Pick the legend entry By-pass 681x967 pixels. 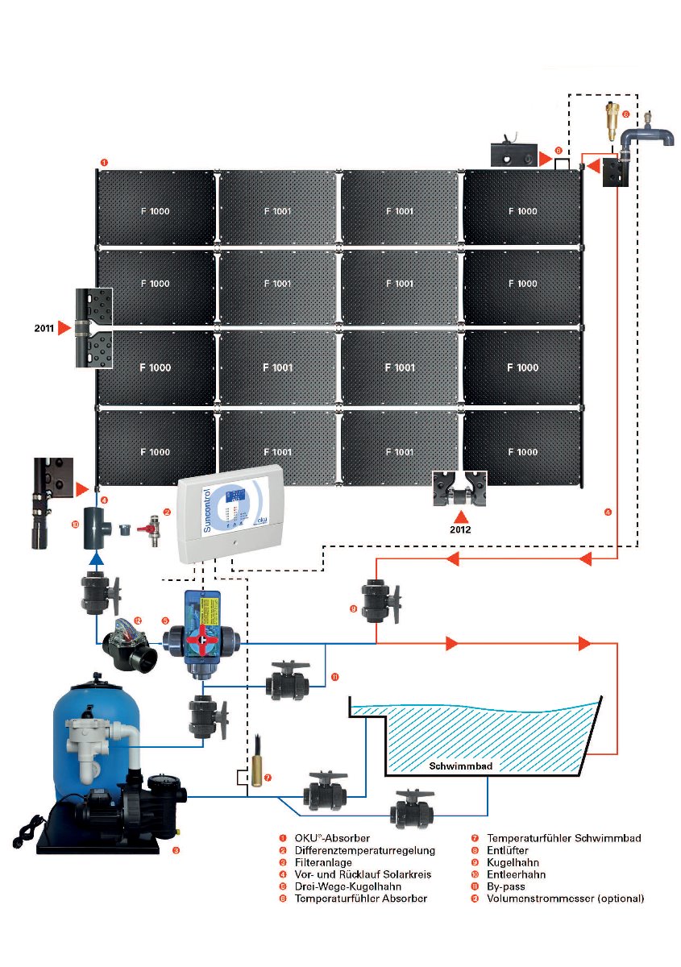point(507,886)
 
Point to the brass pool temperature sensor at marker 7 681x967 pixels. point(255,774)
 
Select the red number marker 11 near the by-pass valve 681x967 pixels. point(334,678)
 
